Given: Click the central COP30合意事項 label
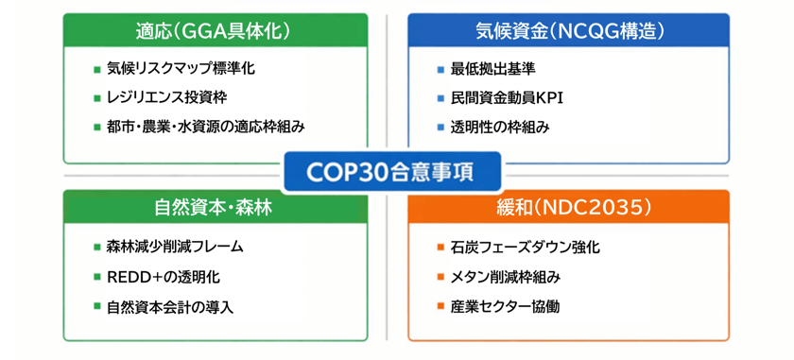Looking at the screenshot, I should pyautogui.click(x=390, y=174).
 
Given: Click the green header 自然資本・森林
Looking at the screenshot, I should pyautogui.click(x=214, y=207).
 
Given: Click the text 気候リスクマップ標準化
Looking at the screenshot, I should pyautogui.click(x=181, y=69).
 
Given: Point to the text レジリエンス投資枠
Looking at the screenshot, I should pyautogui.click(x=167, y=97).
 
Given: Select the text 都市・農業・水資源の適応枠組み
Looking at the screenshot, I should pyautogui.click(x=206, y=126).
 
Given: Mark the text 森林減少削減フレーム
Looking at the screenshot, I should pyautogui.click(x=175, y=247).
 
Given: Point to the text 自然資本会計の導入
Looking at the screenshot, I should pyautogui.click(x=169, y=307).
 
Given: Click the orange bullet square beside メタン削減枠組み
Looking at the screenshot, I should pyautogui.click(x=440, y=277).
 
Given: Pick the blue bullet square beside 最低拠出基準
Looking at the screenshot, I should pyautogui.click(x=440, y=70).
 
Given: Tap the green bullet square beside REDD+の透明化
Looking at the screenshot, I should pyautogui.click(x=96, y=277).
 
